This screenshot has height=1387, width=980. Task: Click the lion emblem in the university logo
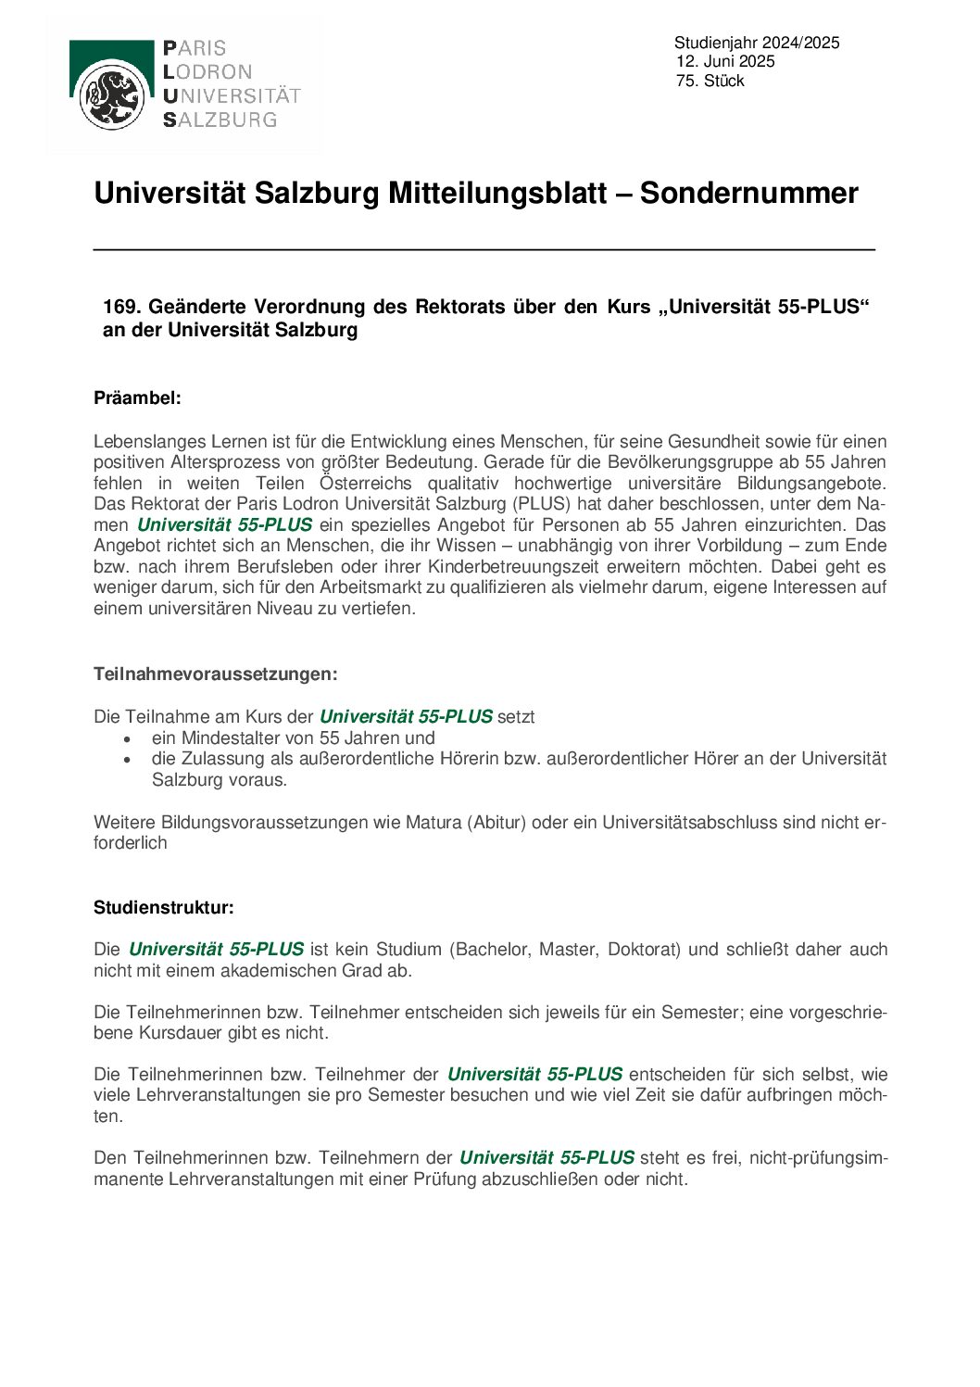coord(112,97)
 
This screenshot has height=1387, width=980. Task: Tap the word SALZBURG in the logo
coord(220,120)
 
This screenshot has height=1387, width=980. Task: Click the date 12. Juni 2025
coord(725,61)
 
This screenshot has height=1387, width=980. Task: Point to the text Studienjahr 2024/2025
coord(757,43)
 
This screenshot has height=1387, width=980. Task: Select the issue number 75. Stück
coord(710,81)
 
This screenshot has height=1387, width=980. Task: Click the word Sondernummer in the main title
coord(748,193)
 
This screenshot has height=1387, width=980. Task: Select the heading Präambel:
coord(137,398)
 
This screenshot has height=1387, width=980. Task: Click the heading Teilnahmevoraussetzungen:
coord(215,675)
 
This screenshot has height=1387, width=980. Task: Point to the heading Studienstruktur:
coord(164,908)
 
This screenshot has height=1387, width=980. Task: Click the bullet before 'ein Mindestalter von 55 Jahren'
coord(128,738)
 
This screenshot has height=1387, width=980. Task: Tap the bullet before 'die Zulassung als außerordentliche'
coord(128,759)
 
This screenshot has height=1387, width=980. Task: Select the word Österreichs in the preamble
coord(366,483)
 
